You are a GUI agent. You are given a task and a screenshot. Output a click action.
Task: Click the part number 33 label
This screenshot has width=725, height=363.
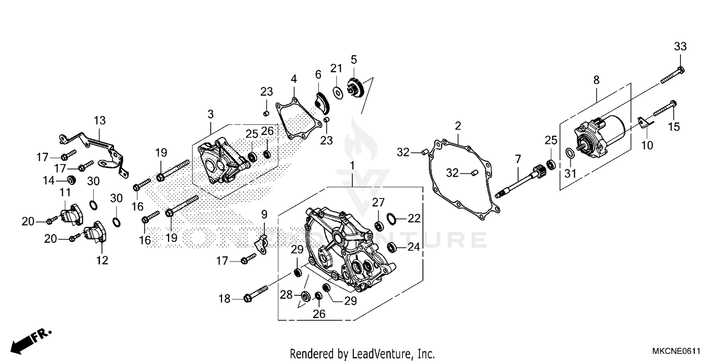pyautogui.click(x=680, y=47)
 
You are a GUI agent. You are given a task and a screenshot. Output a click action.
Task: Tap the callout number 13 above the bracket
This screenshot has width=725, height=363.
pyautogui.click(x=100, y=121)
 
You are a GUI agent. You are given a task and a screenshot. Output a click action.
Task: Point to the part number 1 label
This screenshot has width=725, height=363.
pyautogui.click(x=352, y=166)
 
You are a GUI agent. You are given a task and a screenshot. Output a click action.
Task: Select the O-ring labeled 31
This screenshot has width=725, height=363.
pyautogui.click(x=570, y=153)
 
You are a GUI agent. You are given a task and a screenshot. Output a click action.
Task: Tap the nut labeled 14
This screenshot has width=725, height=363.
pyautogui.click(x=71, y=180)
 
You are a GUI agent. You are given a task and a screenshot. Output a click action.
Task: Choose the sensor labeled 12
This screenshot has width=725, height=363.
pyautogui.click(x=94, y=234)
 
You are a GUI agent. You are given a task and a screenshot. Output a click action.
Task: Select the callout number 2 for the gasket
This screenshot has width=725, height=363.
pyautogui.click(x=458, y=126)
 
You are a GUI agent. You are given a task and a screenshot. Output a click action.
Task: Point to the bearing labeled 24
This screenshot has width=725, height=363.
pyautogui.click(x=392, y=247)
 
